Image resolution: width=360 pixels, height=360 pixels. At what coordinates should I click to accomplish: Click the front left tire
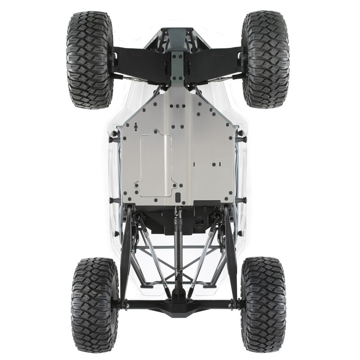[90, 60]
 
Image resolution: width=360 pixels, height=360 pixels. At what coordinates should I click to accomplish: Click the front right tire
[265, 60]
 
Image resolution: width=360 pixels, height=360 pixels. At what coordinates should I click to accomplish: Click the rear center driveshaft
[179, 252]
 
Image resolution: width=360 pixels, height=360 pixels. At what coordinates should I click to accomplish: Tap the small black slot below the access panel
[177, 197]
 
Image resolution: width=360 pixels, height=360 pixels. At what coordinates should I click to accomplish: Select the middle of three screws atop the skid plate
[177, 107]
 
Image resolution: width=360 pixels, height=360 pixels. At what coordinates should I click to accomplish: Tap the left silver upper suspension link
[155, 256]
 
